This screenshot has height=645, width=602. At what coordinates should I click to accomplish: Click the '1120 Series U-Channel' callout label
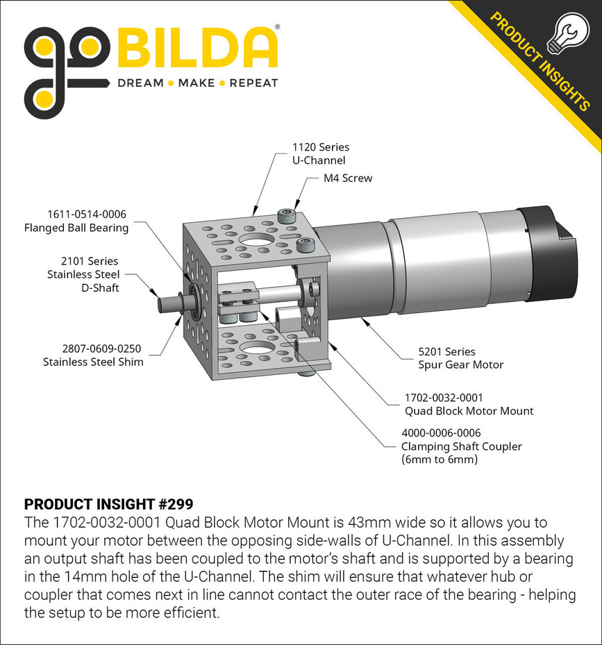pyautogui.click(x=320, y=154)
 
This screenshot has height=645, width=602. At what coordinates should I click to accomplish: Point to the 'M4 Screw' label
pyautogui.click(x=348, y=178)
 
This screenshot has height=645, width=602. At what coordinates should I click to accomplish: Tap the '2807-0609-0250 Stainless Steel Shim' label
pyautogui.click(x=93, y=355)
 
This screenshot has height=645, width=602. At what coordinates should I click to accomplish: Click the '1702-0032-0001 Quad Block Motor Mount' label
pyautogui.click(x=469, y=405)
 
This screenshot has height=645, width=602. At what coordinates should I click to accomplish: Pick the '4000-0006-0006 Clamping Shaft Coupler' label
pyautogui.click(x=461, y=446)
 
